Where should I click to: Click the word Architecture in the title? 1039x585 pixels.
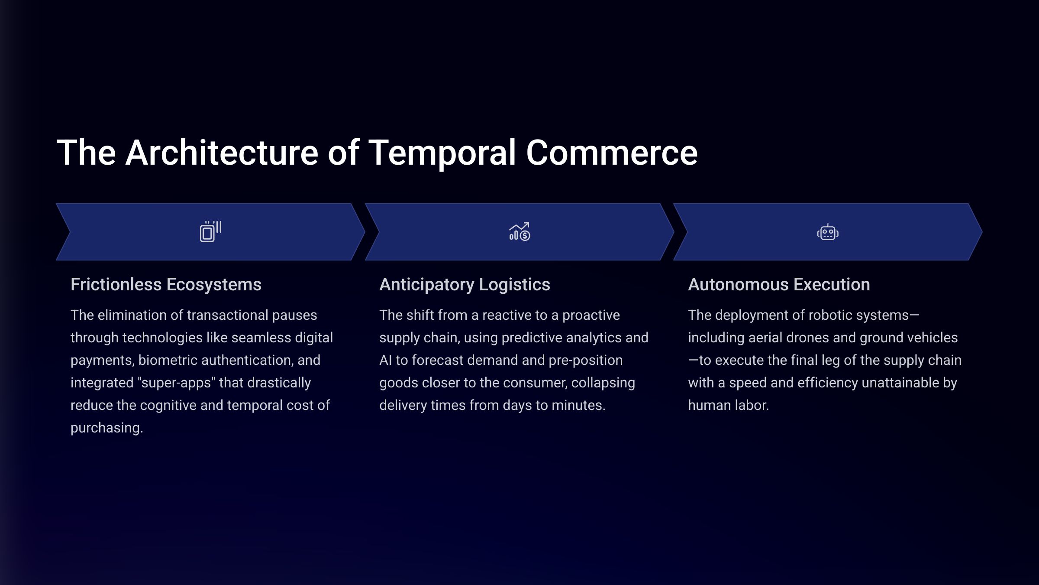pos(222,153)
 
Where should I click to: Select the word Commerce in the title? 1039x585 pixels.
pos(612,153)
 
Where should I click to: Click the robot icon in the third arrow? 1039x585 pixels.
pos(828,232)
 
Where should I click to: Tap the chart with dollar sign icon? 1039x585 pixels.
pos(519,232)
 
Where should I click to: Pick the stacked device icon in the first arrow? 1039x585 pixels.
pos(211,232)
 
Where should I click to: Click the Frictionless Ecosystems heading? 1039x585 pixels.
pos(166,285)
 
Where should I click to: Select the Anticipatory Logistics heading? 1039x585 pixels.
pos(465,285)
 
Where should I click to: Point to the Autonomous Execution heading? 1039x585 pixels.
pos(779,285)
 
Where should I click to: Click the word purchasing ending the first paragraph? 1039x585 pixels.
pos(106,428)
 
